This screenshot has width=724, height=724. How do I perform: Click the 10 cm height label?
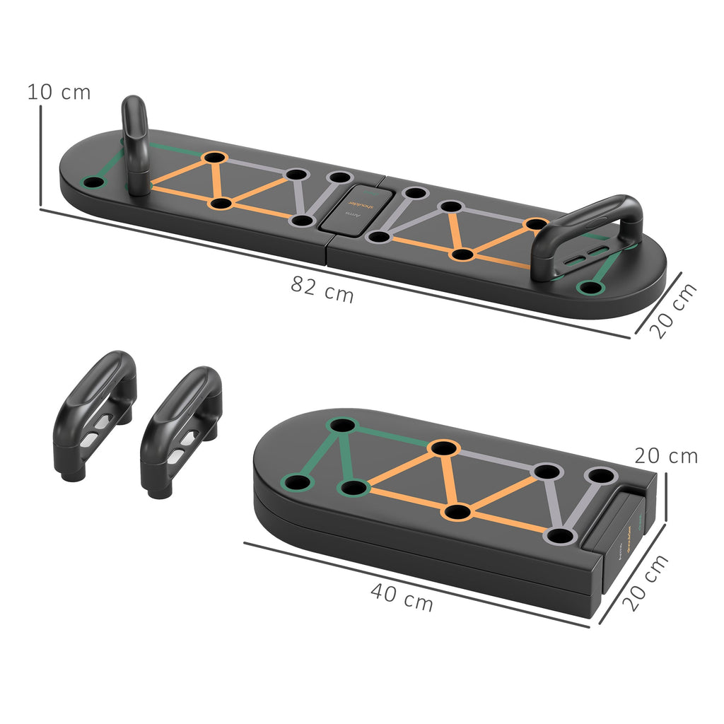59,92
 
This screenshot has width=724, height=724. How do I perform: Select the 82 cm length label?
322,289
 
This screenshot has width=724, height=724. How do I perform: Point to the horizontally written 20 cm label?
665,456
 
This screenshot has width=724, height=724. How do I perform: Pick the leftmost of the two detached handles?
95,414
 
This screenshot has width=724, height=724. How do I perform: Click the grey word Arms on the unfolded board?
354,214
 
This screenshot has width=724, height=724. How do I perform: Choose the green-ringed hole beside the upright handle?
92,182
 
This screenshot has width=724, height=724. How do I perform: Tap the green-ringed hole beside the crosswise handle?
588,287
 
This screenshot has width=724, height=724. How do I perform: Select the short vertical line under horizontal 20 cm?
665,498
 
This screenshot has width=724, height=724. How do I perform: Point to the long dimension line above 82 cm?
332,271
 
